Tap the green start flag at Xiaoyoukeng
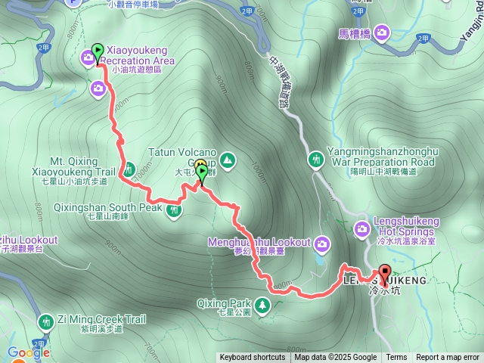tap(97, 53)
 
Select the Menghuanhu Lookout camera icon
tap(323, 243)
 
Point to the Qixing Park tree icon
tap(262, 304)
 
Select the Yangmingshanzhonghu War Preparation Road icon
tap(315, 159)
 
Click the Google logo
tap(29, 352)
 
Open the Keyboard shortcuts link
tap(253, 358)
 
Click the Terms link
tap(396, 358)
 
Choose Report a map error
tap(448, 358)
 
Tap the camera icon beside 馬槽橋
tap(380, 32)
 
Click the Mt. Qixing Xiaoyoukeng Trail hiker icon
tap(129, 169)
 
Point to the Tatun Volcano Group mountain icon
tap(228, 160)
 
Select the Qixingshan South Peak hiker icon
tap(175, 209)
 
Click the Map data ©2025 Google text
tap(336, 358)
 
